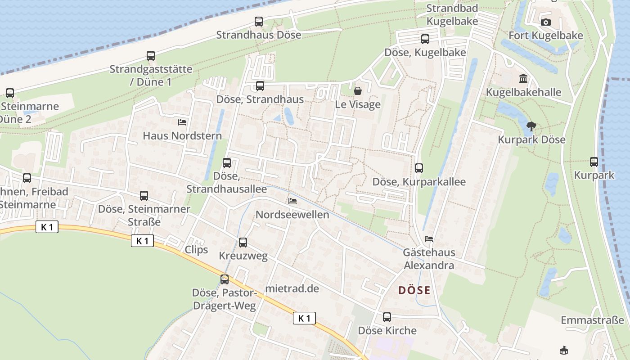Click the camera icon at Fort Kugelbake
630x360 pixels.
click(545, 22)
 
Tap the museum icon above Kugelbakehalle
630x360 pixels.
click(523, 79)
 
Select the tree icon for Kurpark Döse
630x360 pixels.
click(531, 126)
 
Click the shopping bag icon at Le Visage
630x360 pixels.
click(358, 91)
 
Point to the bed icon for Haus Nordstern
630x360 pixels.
click(182, 122)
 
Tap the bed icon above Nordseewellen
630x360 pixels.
click(292, 201)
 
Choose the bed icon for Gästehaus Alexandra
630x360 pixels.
click(429, 238)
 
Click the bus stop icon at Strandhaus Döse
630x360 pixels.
click(259, 21)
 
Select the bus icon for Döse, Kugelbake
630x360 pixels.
click(425, 39)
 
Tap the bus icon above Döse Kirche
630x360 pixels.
click(387, 317)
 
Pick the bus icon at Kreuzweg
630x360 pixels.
click(243, 243)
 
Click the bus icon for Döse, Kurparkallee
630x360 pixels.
click(419, 168)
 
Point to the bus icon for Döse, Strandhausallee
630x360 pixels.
click(227, 163)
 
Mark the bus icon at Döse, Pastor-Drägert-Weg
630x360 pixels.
click(225, 279)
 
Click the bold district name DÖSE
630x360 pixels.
click(414, 290)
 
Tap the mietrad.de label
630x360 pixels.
click(292, 288)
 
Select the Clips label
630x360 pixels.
click(197, 250)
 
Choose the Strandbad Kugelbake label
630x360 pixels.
click(452, 14)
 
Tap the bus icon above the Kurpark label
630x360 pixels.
click(594, 162)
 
